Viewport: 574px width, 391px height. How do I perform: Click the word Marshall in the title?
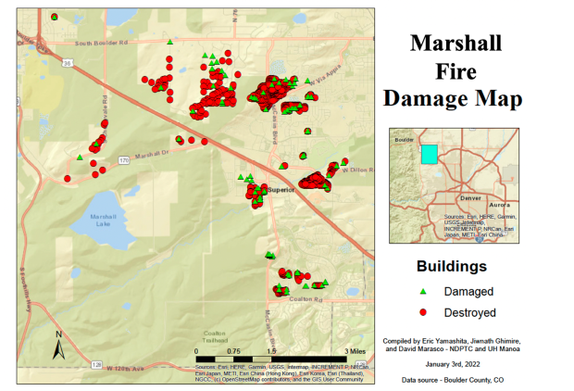pyautogui.click(x=455, y=43)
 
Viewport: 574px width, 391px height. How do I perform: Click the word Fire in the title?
pyautogui.click(x=455, y=70)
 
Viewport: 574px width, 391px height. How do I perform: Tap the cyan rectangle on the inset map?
pyautogui.click(x=429, y=154)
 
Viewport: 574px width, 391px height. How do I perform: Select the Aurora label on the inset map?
pyautogui.click(x=499, y=202)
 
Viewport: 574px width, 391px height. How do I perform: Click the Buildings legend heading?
pyautogui.click(x=451, y=267)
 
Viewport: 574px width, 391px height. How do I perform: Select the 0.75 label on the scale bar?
pyautogui.click(x=234, y=352)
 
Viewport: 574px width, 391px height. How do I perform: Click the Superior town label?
pyautogui.click(x=281, y=190)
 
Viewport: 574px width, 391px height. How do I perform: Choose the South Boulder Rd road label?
pyautogui.click(x=102, y=43)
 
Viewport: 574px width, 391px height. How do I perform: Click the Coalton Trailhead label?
pyautogui.click(x=215, y=335)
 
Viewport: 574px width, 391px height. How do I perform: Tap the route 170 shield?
pyautogui.click(x=124, y=160)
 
